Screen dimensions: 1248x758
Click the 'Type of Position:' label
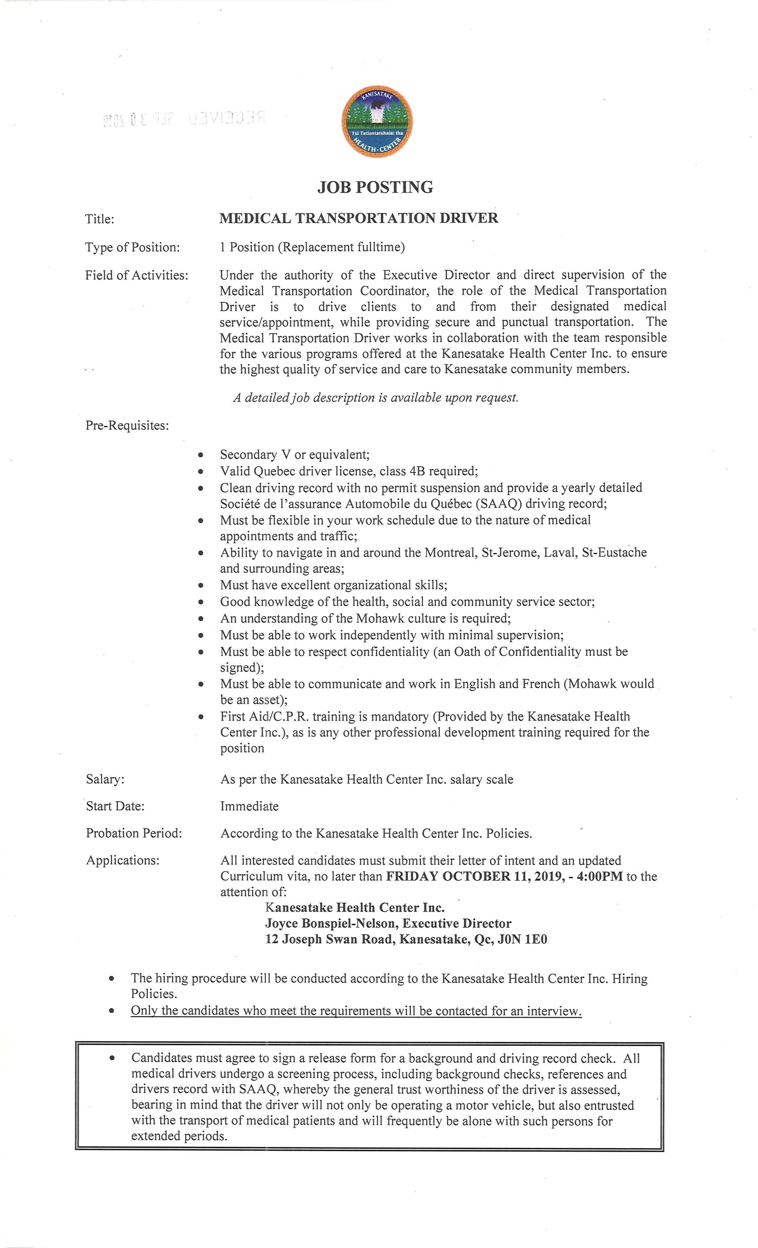132,247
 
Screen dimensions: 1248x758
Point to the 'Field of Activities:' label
136,275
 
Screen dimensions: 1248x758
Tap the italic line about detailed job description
375,398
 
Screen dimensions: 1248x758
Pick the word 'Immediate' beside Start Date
249,806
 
